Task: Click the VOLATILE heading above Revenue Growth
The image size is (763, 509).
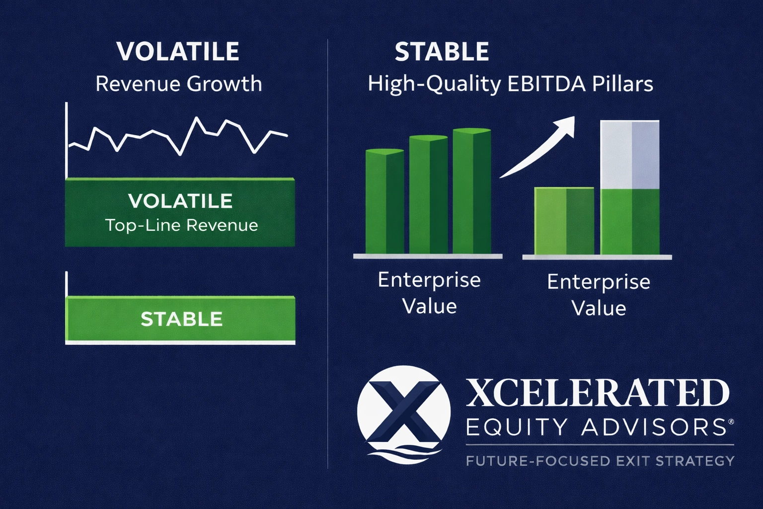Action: (x=178, y=52)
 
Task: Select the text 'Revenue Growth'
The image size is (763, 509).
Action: (x=178, y=84)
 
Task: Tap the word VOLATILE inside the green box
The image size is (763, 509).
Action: (x=180, y=201)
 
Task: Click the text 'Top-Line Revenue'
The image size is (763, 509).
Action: (x=181, y=225)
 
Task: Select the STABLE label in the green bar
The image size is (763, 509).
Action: (x=181, y=319)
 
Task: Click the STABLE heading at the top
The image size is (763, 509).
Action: (x=442, y=52)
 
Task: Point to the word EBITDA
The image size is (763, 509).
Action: (x=546, y=84)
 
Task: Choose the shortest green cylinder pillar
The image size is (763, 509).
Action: (x=384, y=201)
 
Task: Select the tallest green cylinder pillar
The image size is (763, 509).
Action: (x=471, y=191)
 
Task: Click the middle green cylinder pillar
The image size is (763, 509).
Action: (x=428, y=195)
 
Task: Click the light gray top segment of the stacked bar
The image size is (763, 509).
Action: (x=630, y=154)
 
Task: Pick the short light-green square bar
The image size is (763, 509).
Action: (x=564, y=220)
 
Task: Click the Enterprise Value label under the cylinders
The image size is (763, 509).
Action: (x=429, y=293)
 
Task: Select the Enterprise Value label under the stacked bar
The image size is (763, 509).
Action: (x=599, y=295)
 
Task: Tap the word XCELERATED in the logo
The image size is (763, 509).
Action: (x=597, y=394)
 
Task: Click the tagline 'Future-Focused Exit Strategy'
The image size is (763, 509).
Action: (x=600, y=461)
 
